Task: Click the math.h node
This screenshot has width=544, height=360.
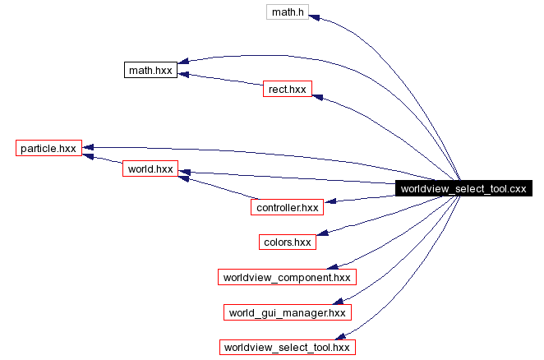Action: point(288,12)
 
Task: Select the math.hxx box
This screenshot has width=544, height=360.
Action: point(150,71)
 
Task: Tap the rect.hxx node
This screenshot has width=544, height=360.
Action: point(287,89)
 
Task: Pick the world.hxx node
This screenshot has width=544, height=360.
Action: point(150,168)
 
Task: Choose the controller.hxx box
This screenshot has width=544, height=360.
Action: point(287,207)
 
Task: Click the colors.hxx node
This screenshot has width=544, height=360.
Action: point(287,242)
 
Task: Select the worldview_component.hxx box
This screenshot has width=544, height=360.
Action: point(287,277)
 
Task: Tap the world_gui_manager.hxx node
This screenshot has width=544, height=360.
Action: point(287,312)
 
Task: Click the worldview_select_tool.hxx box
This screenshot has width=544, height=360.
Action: point(287,347)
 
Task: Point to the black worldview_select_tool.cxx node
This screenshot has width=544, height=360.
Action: point(462,189)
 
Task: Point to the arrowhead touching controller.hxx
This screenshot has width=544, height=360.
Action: point(330,201)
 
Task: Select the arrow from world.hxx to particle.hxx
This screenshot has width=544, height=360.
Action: point(102,159)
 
